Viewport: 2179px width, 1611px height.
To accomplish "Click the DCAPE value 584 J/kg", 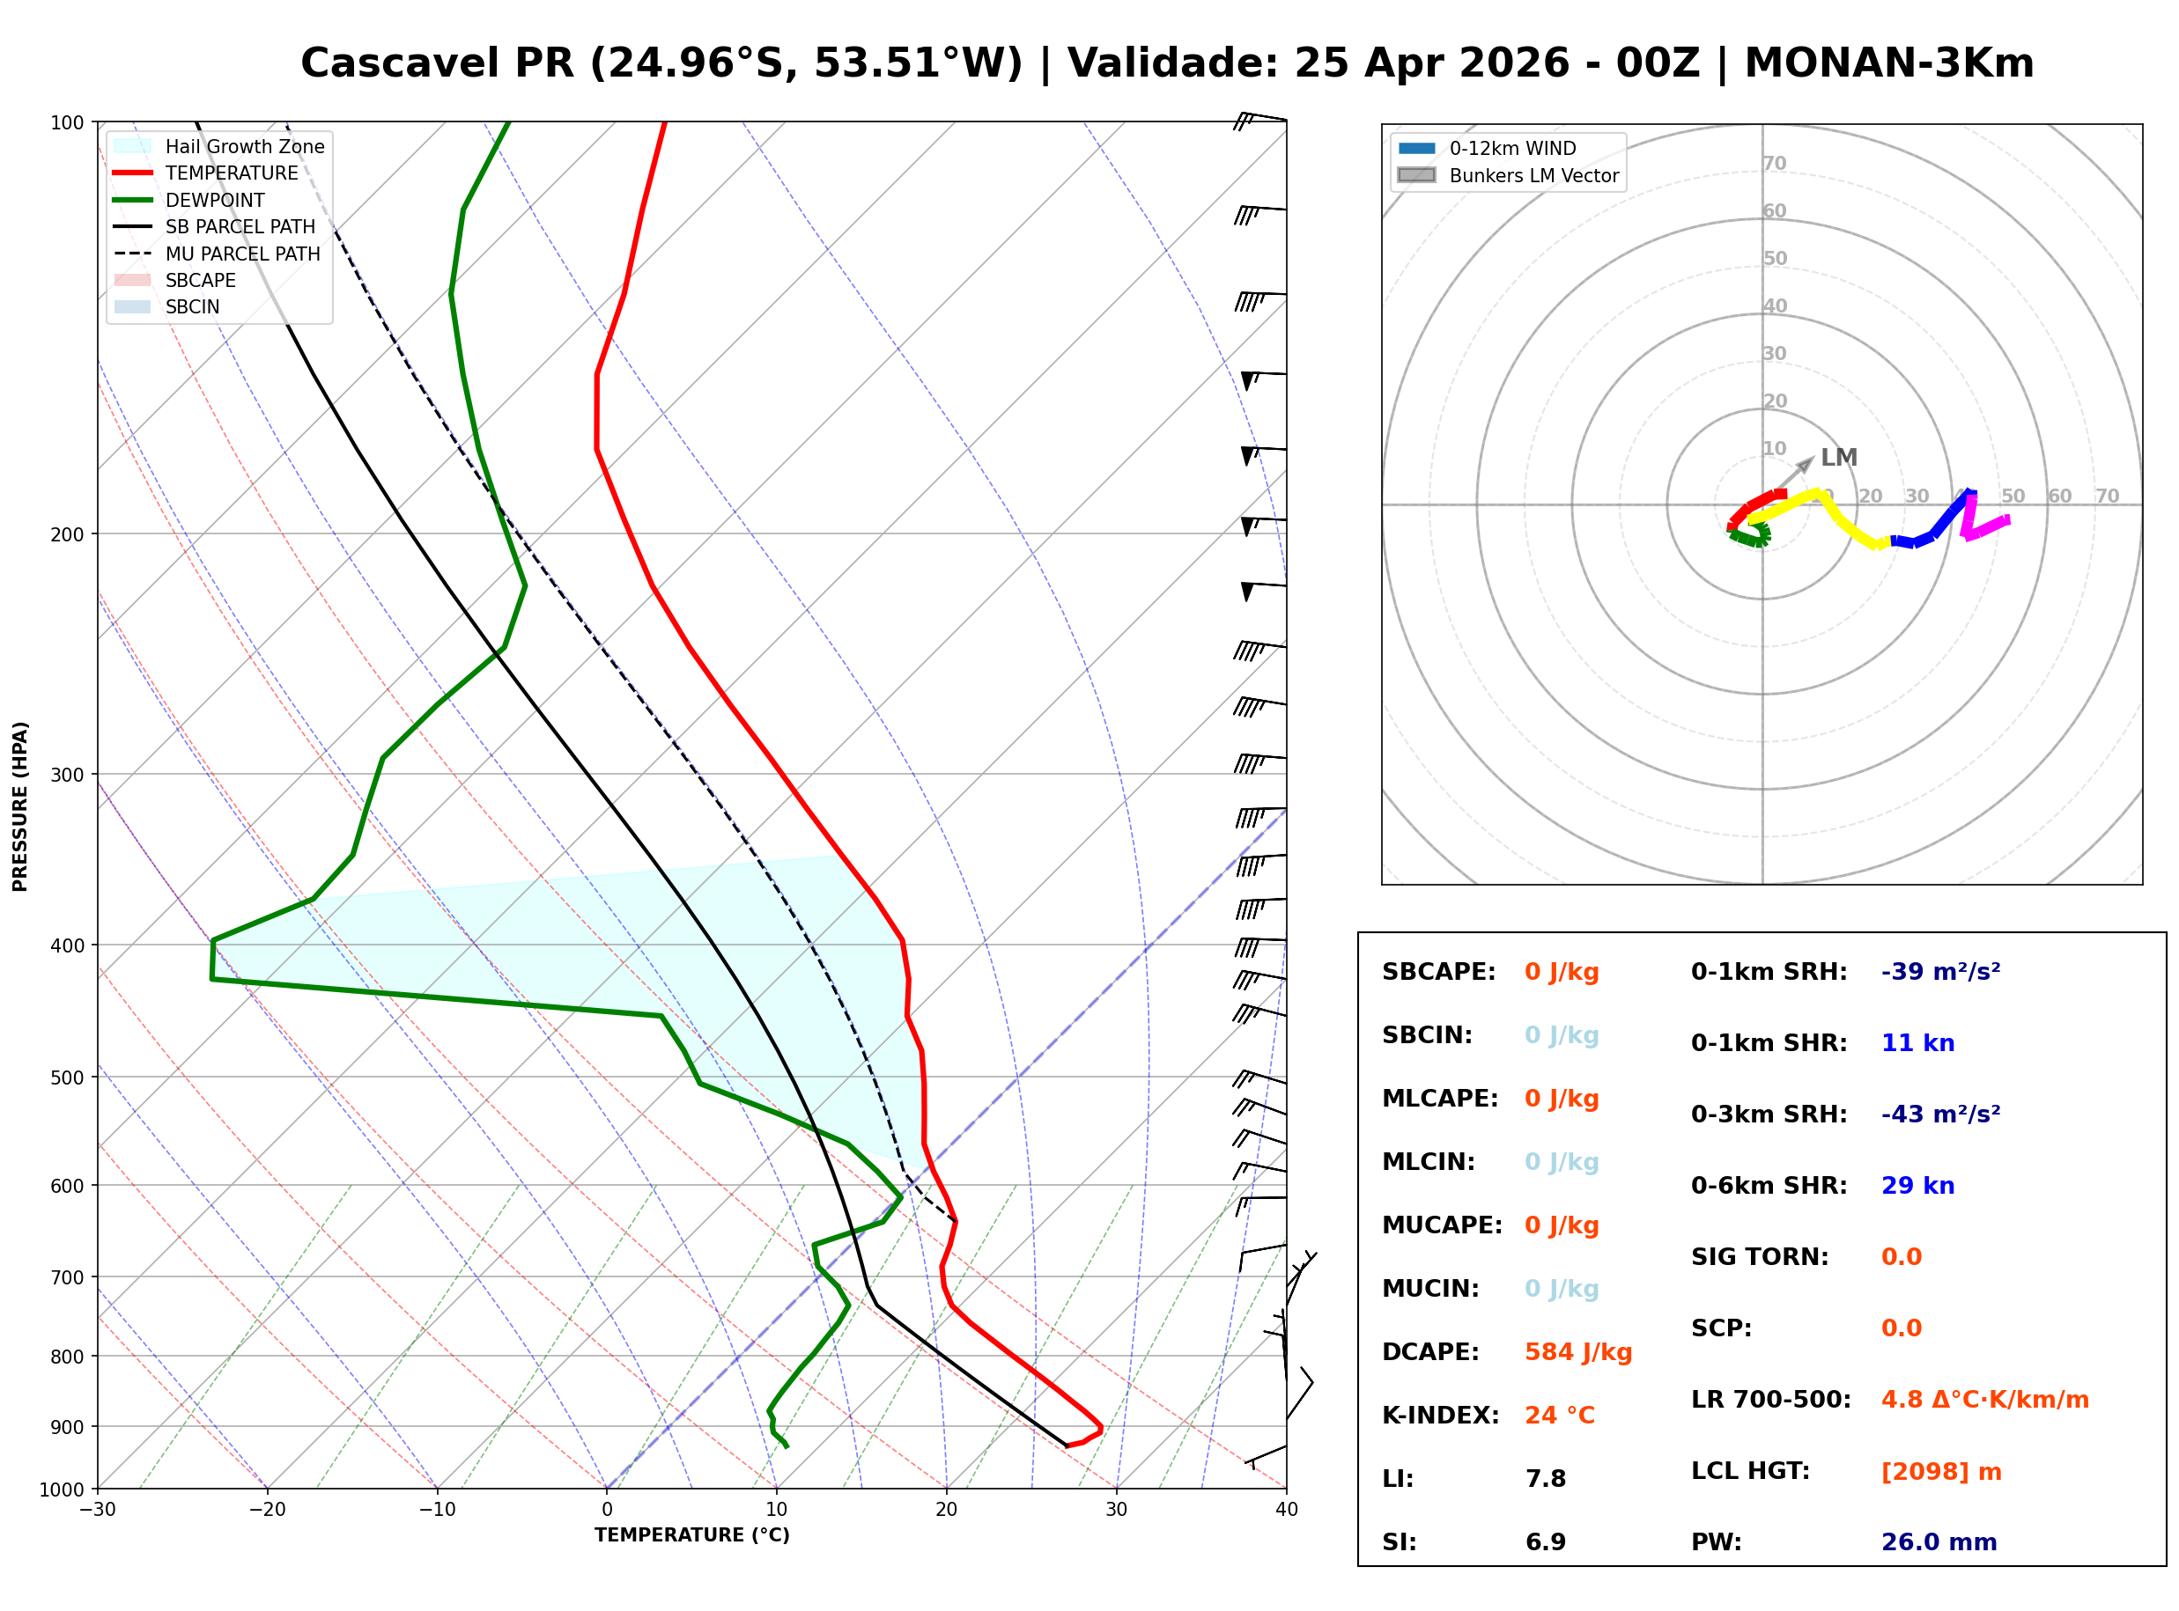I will click(1577, 1351).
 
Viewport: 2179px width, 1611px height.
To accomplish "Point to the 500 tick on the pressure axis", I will click(67, 1078).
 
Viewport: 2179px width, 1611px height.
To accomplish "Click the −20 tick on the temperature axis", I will click(267, 1510).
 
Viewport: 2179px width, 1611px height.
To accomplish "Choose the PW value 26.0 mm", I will click(1938, 1541).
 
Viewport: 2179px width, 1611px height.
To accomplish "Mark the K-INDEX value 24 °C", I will click(1560, 1415).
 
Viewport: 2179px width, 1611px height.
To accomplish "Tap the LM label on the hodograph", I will click(1839, 458).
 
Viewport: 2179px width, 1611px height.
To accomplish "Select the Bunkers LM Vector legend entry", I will click(1533, 175).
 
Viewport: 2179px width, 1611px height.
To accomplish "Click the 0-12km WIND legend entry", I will click(1512, 148).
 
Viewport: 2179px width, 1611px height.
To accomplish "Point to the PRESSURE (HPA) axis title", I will click(20, 806).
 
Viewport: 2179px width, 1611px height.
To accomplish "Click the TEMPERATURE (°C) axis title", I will click(691, 1535).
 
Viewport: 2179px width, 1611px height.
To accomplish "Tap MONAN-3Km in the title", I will click(1888, 63).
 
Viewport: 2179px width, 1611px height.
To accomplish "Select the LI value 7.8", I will click(1545, 1478).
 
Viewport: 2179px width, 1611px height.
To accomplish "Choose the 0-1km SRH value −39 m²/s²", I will click(1940, 971).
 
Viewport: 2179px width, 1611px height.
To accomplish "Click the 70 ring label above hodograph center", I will click(1774, 163).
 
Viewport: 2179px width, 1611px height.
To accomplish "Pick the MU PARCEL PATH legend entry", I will click(242, 254).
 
